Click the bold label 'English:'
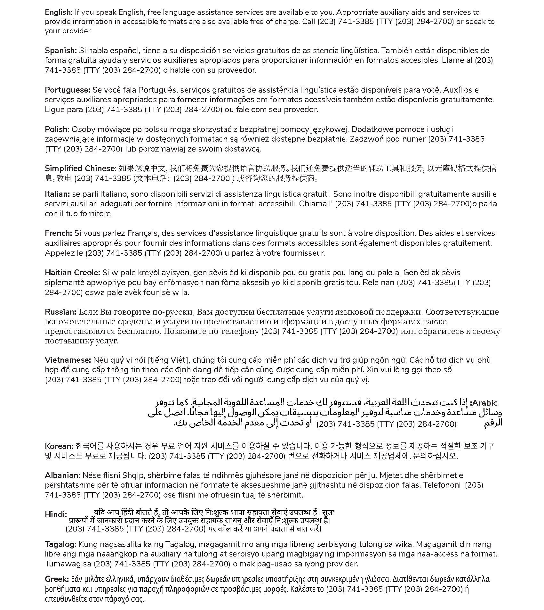coord(59,12)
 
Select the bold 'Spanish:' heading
coord(61,51)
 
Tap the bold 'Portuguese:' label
coord(68,90)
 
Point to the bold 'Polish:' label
coord(57,129)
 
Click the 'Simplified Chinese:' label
coord(81,169)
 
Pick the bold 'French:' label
coord(59,233)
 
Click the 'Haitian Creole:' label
coord(73,273)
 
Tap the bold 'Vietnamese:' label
coord(68,360)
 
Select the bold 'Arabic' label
coord(484,403)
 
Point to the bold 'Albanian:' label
coord(63,475)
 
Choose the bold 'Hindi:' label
coord(56,515)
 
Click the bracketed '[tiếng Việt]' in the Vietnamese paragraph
coord(168,360)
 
